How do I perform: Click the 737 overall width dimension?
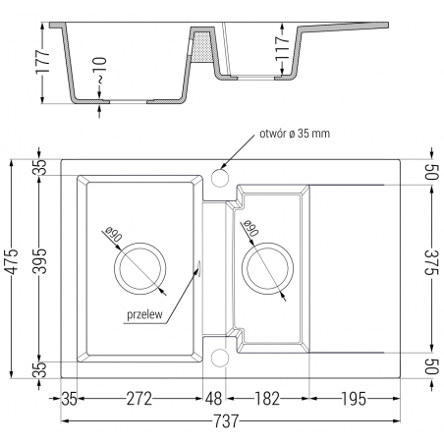coord(225,422)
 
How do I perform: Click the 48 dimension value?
coord(212,399)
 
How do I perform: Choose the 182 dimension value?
coord(263,399)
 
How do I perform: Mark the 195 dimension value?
coord(355,399)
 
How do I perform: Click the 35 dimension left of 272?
coord(68,399)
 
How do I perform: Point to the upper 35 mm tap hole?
coord(220,178)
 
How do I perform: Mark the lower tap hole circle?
coord(220,356)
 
